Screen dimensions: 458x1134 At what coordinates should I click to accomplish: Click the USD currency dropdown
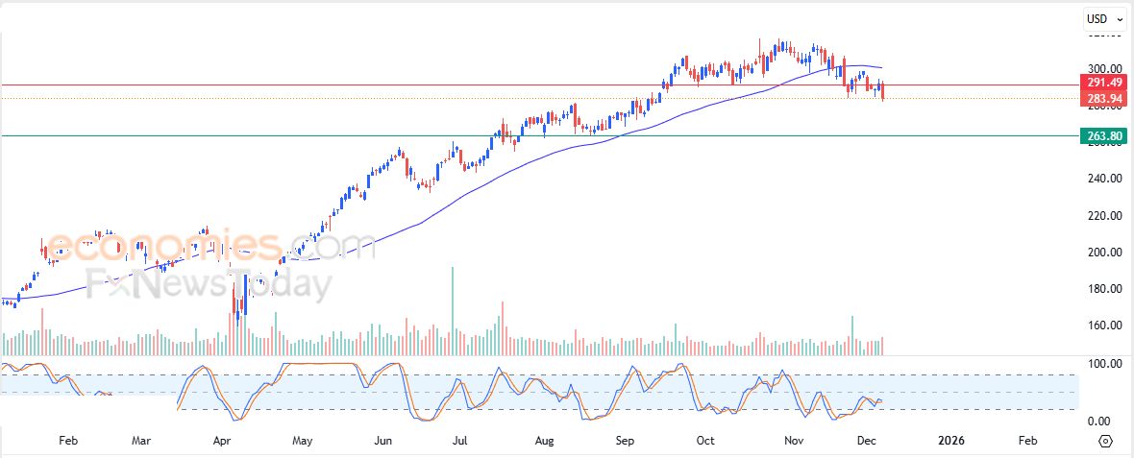point(1103,18)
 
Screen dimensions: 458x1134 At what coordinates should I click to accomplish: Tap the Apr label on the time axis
point(222,441)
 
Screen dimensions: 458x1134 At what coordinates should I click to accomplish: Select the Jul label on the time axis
point(460,441)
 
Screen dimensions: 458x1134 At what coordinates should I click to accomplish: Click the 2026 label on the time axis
point(950,441)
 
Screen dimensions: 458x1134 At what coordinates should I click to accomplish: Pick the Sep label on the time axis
point(625,441)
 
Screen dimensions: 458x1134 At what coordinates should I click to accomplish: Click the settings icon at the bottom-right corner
point(1104,441)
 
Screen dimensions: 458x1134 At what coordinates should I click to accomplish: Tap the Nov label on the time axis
point(794,441)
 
